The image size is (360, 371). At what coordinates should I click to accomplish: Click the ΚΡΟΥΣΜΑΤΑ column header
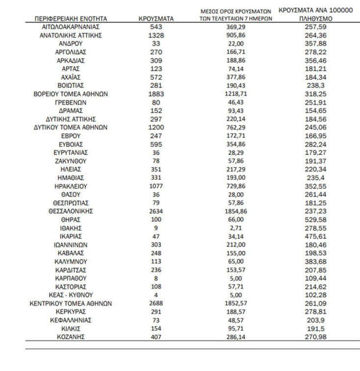(156, 19)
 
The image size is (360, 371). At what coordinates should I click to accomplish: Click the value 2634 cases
(156, 211)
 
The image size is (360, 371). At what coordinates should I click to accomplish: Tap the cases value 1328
(156, 36)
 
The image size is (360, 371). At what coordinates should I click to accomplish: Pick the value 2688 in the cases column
(156, 303)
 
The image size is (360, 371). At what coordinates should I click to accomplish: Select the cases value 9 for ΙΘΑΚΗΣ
(156, 228)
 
